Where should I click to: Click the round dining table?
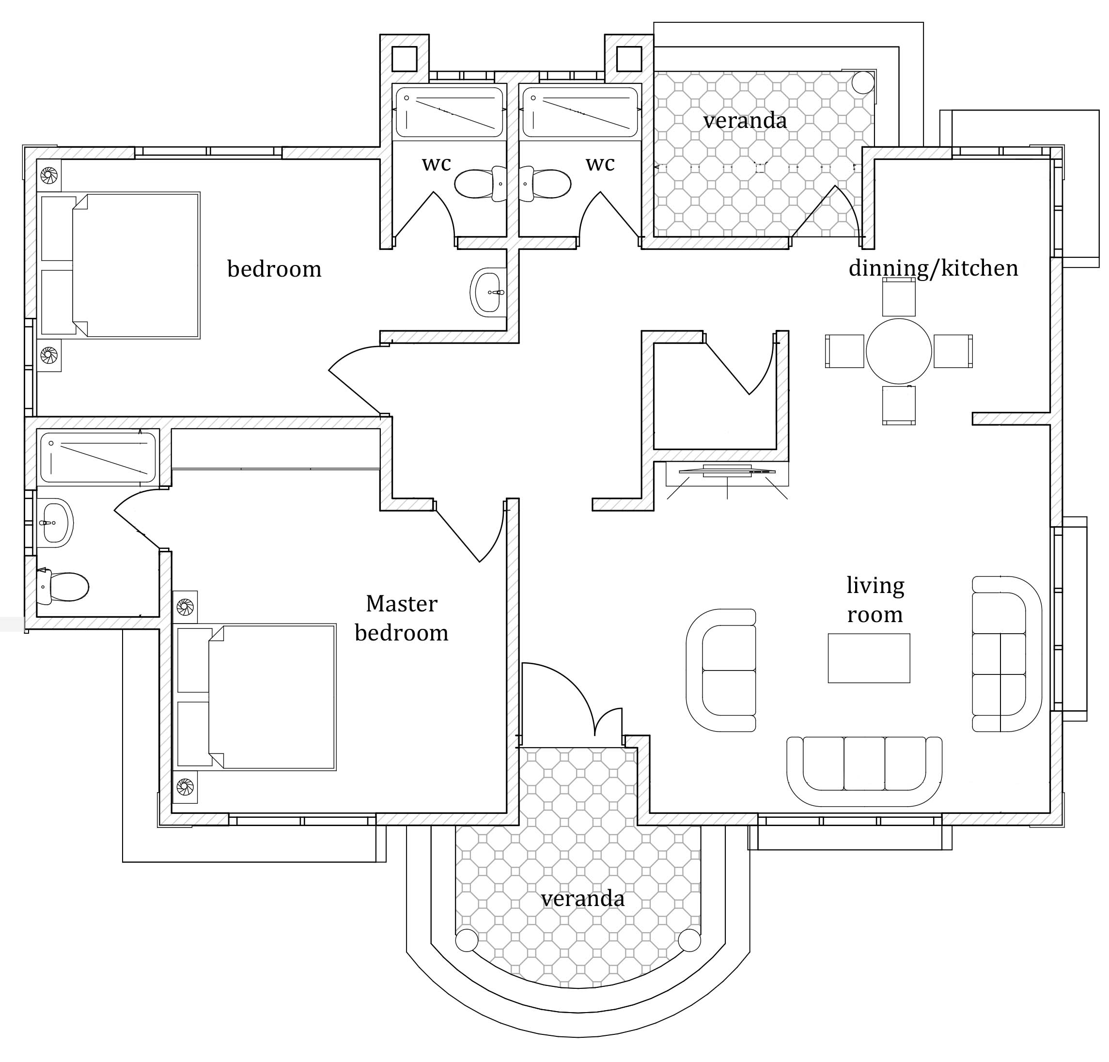tap(899, 351)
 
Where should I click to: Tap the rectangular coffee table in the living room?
tap(869, 658)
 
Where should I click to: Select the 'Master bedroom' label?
tap(402, 618)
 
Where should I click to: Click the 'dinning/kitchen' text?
tap(933, 268)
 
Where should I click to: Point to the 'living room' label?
tap(875, 600)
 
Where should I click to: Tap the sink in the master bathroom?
tap(55, 523)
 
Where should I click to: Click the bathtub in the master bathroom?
tap(98, 458)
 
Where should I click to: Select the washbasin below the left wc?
tap(488, 292)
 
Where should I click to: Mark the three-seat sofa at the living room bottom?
tap(864, 771)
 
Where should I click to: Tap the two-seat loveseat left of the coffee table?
tap(721, 671)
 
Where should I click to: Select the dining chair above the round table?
tap(899, 297)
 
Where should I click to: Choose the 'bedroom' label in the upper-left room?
tap(274, 269)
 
